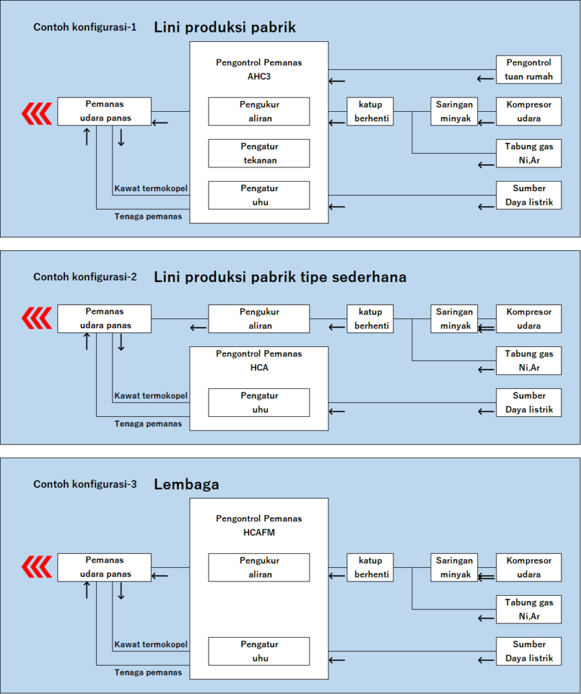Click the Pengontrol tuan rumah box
tap(529, 70)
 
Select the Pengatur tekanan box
tap(259, 153)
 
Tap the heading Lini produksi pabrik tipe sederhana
tap(280, 277)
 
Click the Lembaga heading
tap(186, 485)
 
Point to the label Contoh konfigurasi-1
tap(85, 28)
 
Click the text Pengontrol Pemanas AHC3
tap(259, 69)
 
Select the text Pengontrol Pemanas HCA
tap(259, 361)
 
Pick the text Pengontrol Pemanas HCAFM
tap(259, 525)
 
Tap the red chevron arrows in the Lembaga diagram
tap(37, 567)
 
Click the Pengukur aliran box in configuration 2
tap(259, 319)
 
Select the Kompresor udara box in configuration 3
tap(529, 567)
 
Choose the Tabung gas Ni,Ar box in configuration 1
tap(529, 153)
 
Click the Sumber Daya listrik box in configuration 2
tap(529, 402)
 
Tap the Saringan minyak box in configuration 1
tap(454, 111)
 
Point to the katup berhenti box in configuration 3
tap(370, 567)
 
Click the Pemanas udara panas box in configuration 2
tap(104, 319)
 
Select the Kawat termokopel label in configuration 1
tap(150, 188)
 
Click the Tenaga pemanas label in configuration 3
tap(148, 672)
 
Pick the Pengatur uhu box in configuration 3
tap(259, 651)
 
